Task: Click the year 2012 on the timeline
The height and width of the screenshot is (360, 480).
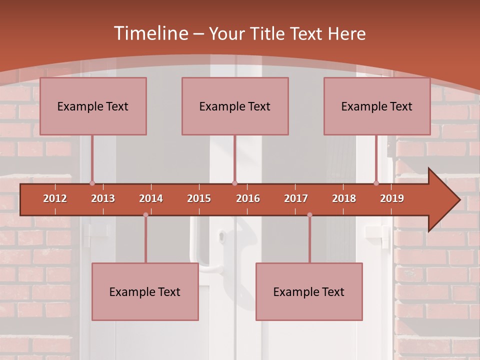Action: coord(55,198)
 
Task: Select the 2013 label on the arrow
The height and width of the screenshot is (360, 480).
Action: coord(103,198)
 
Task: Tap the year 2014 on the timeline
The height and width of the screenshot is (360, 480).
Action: coord(151,198)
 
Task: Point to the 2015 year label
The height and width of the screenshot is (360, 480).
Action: coord(199,198)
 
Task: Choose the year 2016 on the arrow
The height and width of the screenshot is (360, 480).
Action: coord(248,198)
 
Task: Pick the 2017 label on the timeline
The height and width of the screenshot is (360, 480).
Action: coord(296,198)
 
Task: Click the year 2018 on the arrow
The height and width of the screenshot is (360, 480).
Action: coord(344,198)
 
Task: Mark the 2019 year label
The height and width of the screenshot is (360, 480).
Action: coord(392,198)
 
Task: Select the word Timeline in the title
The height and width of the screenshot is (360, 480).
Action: coord(150,33)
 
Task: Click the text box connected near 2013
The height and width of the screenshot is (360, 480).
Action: coord(93,106)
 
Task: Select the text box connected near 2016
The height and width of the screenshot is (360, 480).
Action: coord(235,106)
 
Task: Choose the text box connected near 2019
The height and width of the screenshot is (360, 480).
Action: coord(377,106)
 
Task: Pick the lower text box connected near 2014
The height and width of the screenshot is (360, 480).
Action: coord(145,291)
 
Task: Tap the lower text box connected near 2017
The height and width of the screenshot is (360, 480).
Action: coord(309,291)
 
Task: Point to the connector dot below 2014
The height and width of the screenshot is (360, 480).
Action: coord(145,215)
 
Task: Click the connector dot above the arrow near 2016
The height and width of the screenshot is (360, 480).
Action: coord(234,183)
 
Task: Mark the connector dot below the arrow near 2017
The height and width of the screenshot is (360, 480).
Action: coord(309,215)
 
